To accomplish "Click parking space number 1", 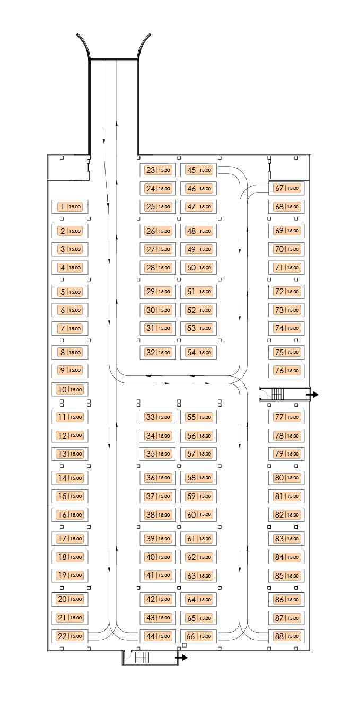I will (x=70, y=207).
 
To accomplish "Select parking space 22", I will (x=70, y=636).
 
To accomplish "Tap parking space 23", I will (x=158, y=170).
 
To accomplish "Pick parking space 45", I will (x=199, y=170).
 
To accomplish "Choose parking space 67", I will (x=286, y=188).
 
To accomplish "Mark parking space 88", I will (x=286, y=636).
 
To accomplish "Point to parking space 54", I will (x=199, y=352).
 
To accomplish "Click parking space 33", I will (x=158, y=417).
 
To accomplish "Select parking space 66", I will (x=199, y=636).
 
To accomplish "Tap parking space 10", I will (x=70, y=389).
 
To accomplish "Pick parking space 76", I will (x=286, y=371).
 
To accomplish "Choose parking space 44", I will (x=158, y=636).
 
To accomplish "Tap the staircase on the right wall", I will (x=278, y=394).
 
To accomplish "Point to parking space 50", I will (x=199, y=268).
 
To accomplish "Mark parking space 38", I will (x=158, y=514).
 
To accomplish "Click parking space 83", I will (x=286, y=538).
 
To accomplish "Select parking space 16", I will (x=70, y=514).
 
